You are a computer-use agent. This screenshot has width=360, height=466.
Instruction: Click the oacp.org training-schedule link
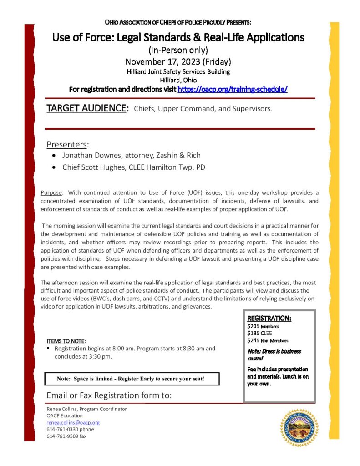tap(232, 90)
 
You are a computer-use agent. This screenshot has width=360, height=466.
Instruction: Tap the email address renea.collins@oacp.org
tap(73, 422)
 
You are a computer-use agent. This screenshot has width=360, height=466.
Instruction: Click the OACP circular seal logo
tap(299, 427)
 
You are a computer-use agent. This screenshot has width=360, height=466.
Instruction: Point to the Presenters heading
tap(67, 145)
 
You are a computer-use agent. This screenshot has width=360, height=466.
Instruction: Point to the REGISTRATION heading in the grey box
tap(269, 319)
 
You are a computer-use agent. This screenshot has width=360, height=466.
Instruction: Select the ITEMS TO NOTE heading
tap(66, 341)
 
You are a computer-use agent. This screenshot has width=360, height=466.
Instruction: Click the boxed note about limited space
tap(132, 379)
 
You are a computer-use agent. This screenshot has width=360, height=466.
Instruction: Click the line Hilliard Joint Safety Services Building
tap(178, 71)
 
